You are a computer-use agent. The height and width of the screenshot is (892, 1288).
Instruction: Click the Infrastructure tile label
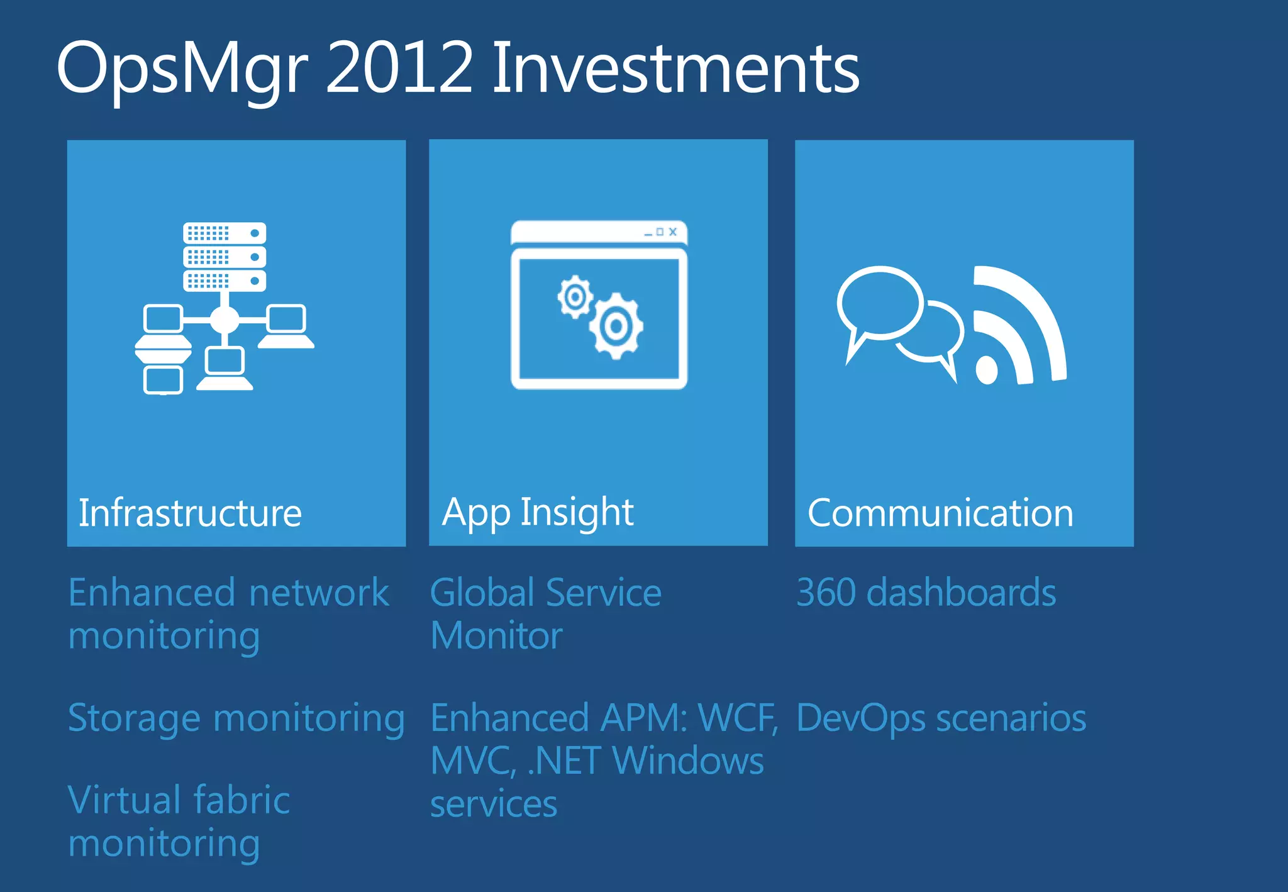click(x=190, y=513)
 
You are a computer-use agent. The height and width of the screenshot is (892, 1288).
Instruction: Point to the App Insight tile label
click(x=538, y=512)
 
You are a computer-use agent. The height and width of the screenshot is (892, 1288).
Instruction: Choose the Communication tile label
click(x=940, y=513)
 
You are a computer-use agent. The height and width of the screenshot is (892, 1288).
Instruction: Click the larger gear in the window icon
click(x=616, y=326)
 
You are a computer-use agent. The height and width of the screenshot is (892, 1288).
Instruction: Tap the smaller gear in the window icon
click(x=575, y=297)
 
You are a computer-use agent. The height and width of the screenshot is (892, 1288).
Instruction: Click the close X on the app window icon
click(x=673, y=231)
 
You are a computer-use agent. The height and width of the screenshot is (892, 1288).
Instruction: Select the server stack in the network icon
click(x=225, y=257)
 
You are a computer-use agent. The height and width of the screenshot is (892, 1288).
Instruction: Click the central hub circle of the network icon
click(x=225, y=320)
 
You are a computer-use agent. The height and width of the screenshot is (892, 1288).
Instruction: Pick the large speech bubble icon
click(x=879, y=304)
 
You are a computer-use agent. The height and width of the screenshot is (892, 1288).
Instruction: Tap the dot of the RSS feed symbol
click(x=987, y=370)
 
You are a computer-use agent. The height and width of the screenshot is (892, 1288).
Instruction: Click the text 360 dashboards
click(x=926, y=593)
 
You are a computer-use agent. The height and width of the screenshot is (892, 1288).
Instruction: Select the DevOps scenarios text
click(x=941, y=718)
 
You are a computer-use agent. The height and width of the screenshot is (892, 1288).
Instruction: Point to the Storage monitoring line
click(x=236, y=718)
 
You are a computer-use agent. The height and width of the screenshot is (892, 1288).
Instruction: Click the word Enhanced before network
click(x=152, y=593)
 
